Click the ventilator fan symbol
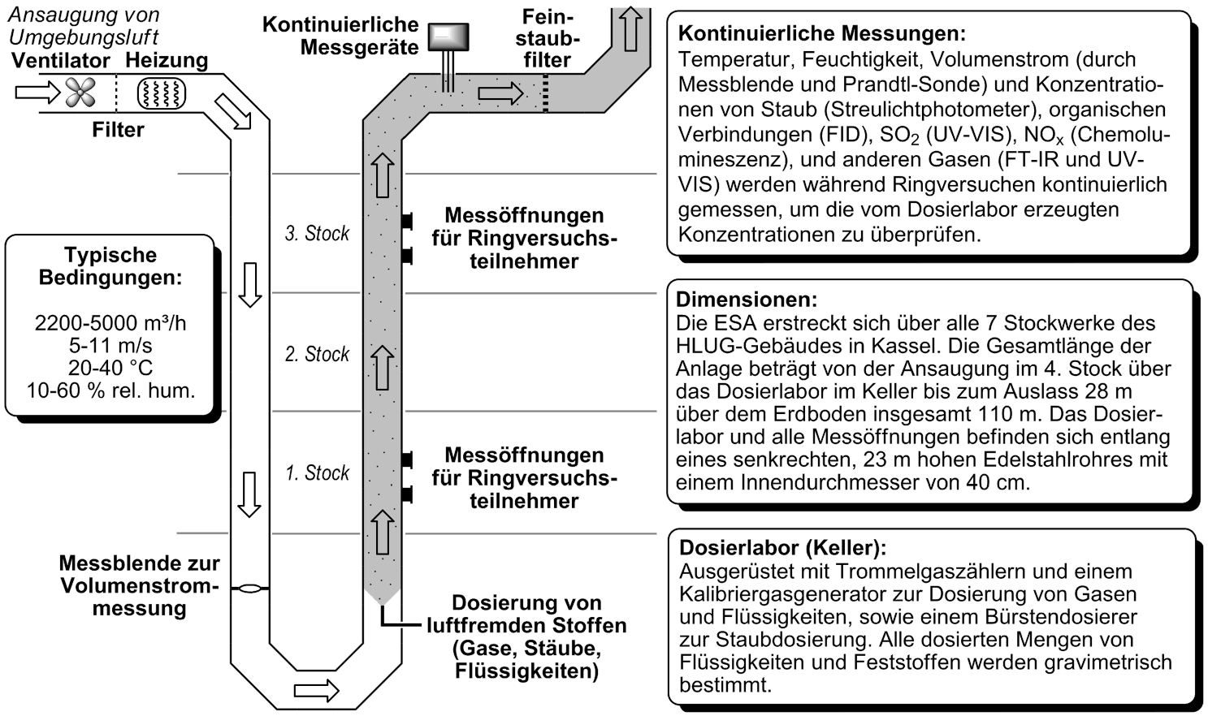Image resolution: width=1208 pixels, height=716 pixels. (x=80, y=93)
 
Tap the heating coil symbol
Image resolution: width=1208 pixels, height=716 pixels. (x=160, y=93)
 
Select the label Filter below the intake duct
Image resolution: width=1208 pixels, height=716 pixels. (x=118, y=130)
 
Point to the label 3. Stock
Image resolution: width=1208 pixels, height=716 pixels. (x=317, y=234)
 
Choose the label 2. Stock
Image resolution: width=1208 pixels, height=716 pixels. (x=317, y=354)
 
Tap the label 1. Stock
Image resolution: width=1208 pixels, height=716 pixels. (x=317, y=473)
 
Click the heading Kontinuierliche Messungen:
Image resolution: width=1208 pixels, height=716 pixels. (x=822, y=34)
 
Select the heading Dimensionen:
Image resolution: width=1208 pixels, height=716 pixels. (x=747, y=300)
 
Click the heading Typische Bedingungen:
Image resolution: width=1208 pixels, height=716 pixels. (x=110, y=266)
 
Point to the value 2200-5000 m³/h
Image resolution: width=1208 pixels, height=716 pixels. (x=110, y=323)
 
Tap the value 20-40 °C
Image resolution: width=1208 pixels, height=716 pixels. (x=110, y=368)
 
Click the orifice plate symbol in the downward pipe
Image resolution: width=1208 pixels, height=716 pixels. (x=249, y=589)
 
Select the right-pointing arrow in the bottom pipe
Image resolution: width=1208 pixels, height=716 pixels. (x=316, y=691)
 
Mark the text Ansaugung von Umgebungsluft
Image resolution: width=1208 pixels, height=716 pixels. (x=84, y=26)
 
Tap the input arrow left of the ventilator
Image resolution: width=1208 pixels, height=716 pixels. (x=37, y=93)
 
